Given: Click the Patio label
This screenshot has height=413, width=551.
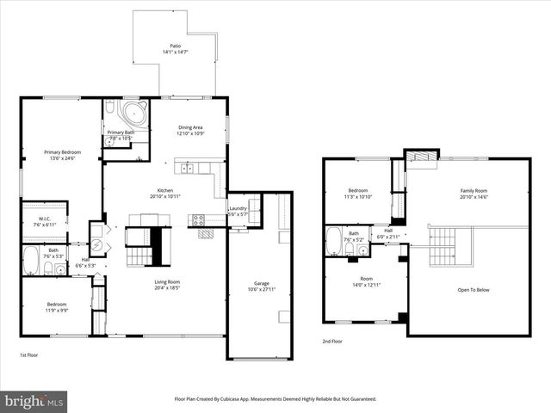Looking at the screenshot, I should pos(175,47).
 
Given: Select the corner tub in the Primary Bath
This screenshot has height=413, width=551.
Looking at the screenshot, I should pos(136,114).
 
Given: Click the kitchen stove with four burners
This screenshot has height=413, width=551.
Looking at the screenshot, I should pos(198,219).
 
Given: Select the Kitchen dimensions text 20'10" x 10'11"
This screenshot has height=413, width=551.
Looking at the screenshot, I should pos(165,197).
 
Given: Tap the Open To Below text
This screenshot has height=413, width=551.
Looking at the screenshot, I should pos(473,289).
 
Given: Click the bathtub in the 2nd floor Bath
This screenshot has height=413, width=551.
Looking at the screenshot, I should pos(335,243).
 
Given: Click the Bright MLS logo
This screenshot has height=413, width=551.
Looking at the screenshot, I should pos(34,401).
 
